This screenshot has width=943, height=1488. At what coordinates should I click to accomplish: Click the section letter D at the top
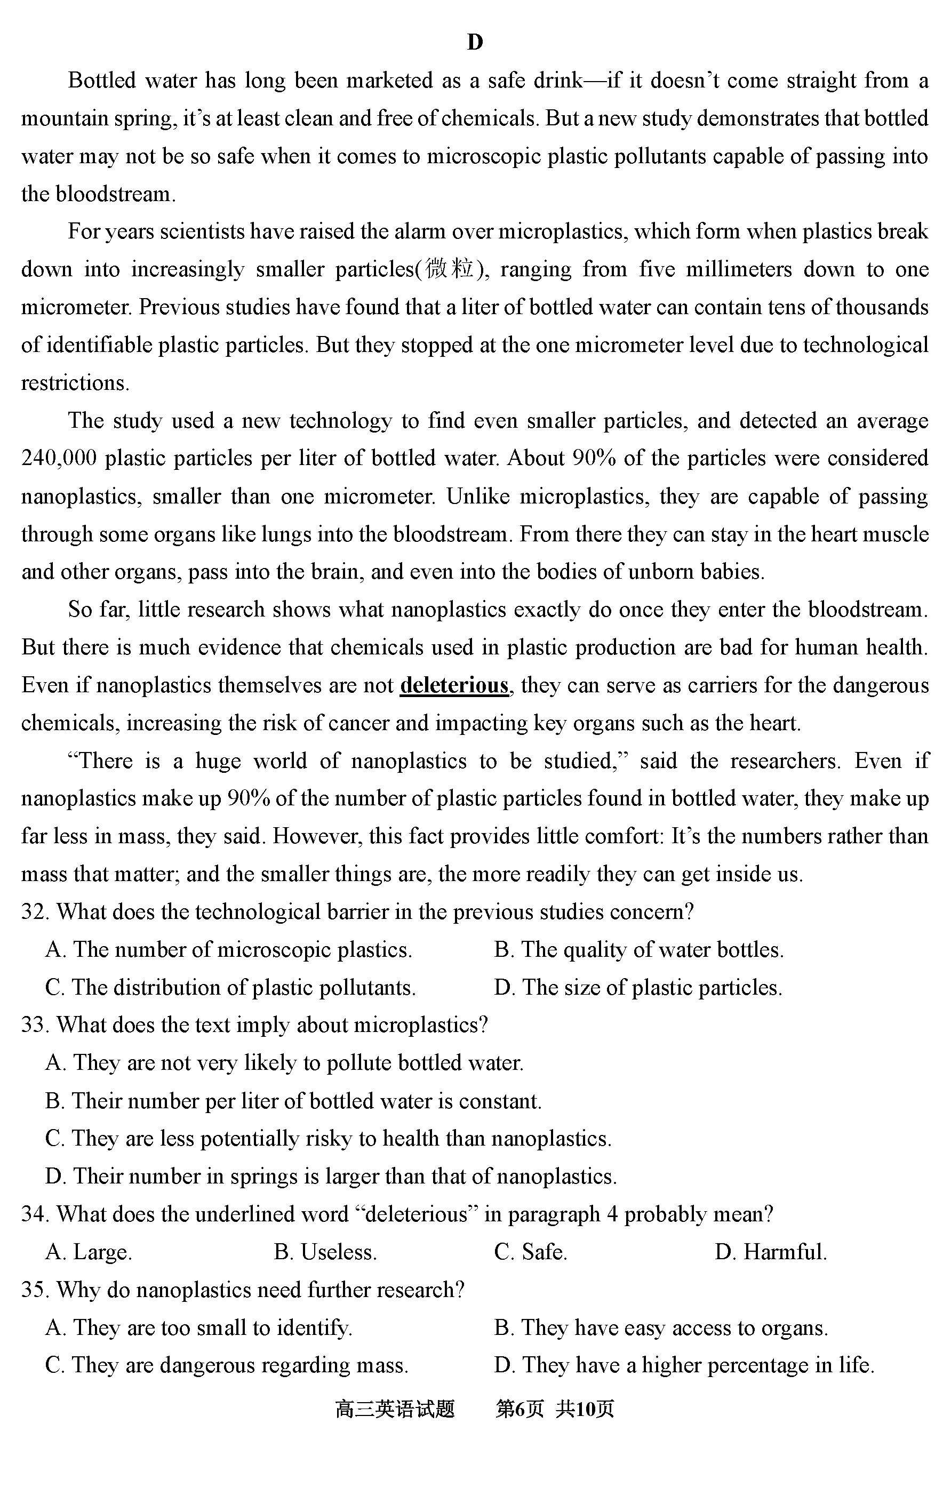click(x=475, y=42)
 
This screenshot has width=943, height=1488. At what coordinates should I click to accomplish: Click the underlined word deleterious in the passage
click(x=454, y=685)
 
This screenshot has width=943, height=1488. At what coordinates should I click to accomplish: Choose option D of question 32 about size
click(x=638, y=988)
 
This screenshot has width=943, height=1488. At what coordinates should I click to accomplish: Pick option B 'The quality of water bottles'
click(x=638, y=950)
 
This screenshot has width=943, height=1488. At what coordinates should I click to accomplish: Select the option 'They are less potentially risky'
click(x=328, y=1138)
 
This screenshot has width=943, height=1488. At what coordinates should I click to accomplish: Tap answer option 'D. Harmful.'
click(x=770, y=1252)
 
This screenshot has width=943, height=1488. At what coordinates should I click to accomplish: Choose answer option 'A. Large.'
click(x=89, y=1252)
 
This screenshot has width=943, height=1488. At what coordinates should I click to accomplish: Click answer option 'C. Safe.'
click(x=530, y=1252)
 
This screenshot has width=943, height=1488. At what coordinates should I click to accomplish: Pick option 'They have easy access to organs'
click(x=661, y=1327)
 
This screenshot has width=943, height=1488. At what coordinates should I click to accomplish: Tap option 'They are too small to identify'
click(x=198, y=1327)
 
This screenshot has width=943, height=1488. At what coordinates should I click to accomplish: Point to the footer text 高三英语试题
click(x=395, y=1410)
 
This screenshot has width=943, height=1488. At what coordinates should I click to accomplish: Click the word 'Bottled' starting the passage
click(x=101, y=81)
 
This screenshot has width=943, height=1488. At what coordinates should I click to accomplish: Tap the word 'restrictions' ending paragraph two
click(x=75, y=383)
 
